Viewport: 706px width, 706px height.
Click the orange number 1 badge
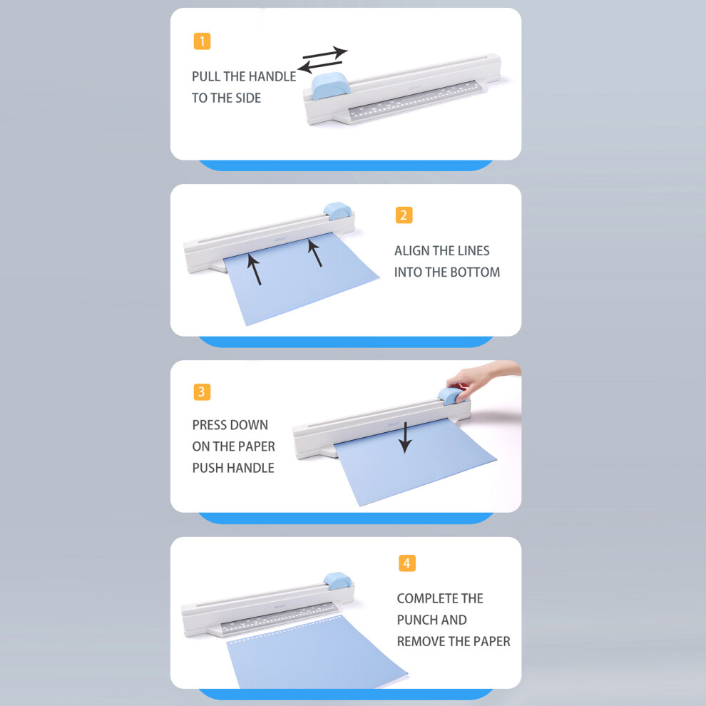(202, 41)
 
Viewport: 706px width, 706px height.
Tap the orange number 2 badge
(404, 215)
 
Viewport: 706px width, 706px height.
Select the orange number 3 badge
(202, 392)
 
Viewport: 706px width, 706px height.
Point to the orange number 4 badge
(407, 563)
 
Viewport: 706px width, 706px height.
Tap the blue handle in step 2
(338, 210)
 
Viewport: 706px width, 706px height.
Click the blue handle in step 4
(338, 580)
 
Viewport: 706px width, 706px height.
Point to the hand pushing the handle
(482, 381)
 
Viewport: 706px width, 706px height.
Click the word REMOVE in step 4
(421, 641)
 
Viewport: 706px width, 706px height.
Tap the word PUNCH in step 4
(418, 620)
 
